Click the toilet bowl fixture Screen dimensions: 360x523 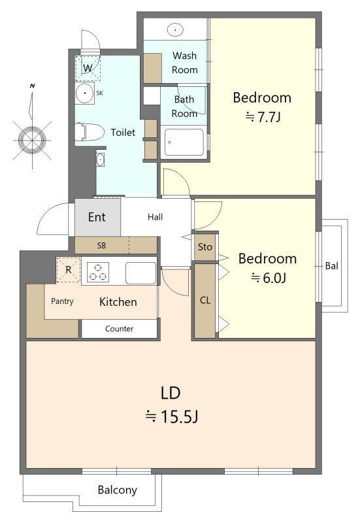(x=88, y=133)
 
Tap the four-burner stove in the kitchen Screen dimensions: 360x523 (x=98, y=271)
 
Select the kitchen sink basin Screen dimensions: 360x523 (x=140, y=273)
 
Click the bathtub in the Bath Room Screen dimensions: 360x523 (x=184, y=142)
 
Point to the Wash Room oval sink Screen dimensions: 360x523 (x=175, y=29)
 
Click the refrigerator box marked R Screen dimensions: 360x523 (x=69, y=269)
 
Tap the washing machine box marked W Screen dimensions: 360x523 (x=88, y=69)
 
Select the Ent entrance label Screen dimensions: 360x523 (x=97, y=217)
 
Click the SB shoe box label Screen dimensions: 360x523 (x=102, y=246)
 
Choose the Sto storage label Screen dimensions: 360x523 (x=205, y=247)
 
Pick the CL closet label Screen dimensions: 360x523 (x=205, y=301)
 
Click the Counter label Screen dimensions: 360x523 (x=120, y=329)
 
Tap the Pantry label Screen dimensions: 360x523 (x=62, y=301)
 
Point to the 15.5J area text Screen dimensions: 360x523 (x=172, y=416)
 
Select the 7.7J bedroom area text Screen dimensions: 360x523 (x=263, y=117)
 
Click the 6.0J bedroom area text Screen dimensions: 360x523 (x=269, y=277)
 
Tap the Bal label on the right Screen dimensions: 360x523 (x=332, y=266)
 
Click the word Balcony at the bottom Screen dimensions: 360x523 (x=118, y=490)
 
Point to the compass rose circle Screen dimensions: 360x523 (x=32, y=140)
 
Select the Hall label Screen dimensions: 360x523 (x=155, y=217)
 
